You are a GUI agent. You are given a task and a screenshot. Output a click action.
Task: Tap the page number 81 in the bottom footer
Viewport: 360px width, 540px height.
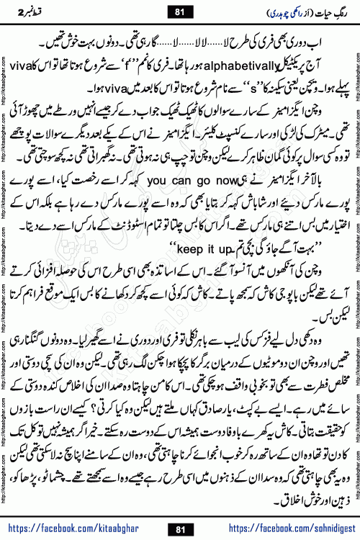pyautogui.click(x=180, y=529)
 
